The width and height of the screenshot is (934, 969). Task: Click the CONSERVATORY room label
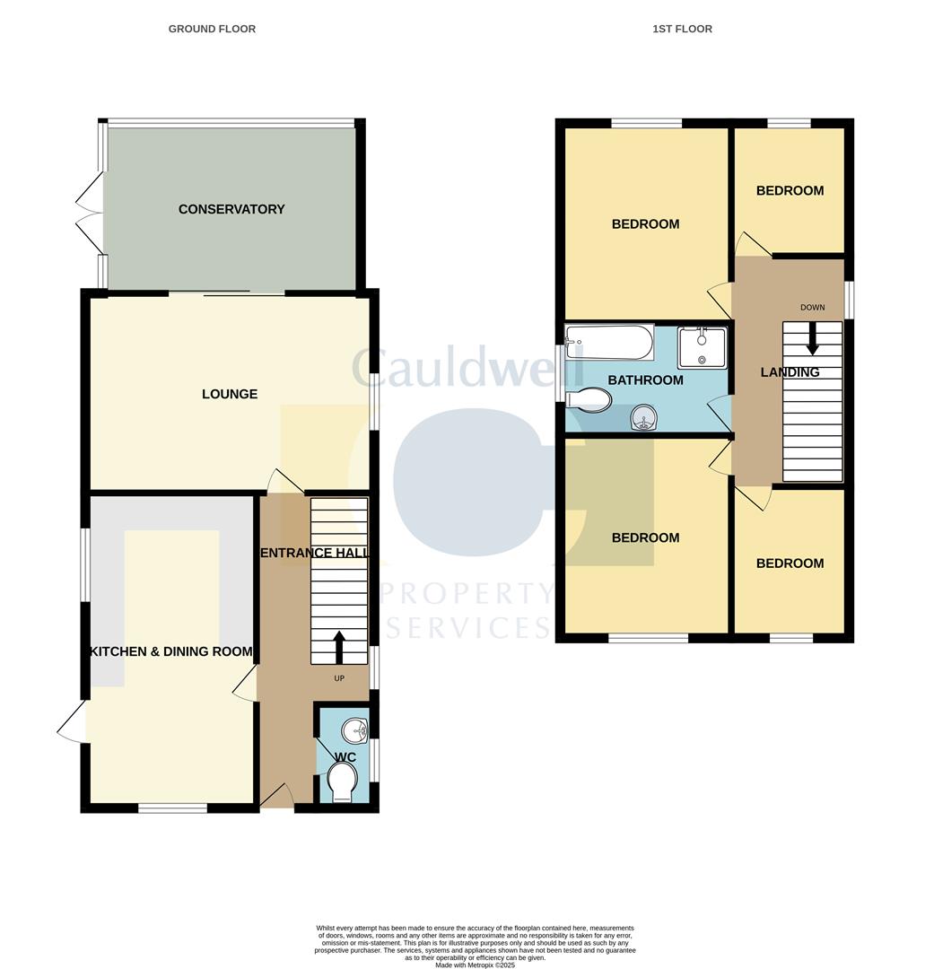pos(231,209)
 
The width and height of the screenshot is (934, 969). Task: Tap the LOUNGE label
pos(230,394)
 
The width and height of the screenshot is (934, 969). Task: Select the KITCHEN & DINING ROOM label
pos(170,651)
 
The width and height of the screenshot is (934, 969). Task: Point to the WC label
pos(345,757)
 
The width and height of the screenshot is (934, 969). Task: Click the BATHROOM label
pos(645,380)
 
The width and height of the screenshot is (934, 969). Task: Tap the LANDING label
pos(790,372)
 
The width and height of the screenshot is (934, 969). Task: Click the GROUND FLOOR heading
pos(212,29)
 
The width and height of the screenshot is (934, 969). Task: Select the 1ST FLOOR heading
pos(682,29)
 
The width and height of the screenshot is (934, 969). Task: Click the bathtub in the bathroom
pos(609,342)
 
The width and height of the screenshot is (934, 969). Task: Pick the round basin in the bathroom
pos(643,417)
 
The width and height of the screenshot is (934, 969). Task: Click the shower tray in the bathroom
pos(702,347)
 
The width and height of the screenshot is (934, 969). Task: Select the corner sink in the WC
pos(356,730)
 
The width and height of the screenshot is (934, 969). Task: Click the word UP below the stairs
pos(339,678)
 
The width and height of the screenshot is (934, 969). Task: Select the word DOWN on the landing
pos(813,308)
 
